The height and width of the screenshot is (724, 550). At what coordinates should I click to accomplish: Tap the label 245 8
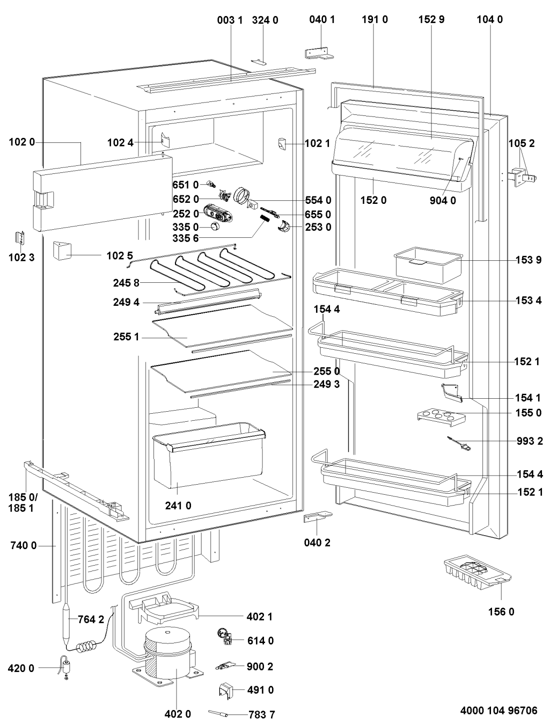126,283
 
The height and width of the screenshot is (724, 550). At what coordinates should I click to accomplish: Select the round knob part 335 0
215,227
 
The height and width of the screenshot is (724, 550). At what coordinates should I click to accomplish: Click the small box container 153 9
428,264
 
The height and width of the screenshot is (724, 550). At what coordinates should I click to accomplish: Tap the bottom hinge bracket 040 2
317,517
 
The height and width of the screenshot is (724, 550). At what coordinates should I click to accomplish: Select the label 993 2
529,441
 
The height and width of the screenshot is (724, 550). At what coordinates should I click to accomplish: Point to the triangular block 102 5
62,251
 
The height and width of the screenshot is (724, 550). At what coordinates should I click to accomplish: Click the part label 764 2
90,620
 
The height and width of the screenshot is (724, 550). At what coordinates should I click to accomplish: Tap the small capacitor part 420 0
66,669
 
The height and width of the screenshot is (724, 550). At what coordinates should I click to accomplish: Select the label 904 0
443,200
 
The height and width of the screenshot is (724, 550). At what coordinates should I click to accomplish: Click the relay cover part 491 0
226,690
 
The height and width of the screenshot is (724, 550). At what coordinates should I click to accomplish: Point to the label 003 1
229,20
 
